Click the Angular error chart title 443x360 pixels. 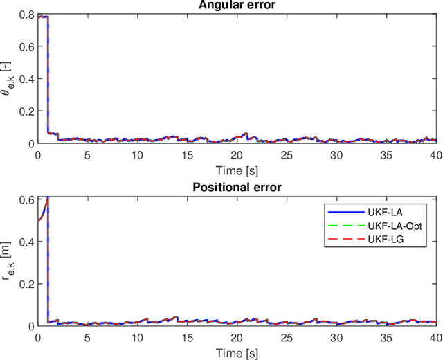(x=236, y=6)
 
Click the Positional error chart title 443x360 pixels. (x=236, y=187)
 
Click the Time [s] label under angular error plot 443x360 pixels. (x=236, y=170)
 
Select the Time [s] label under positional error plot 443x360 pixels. (x=236, y=351)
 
